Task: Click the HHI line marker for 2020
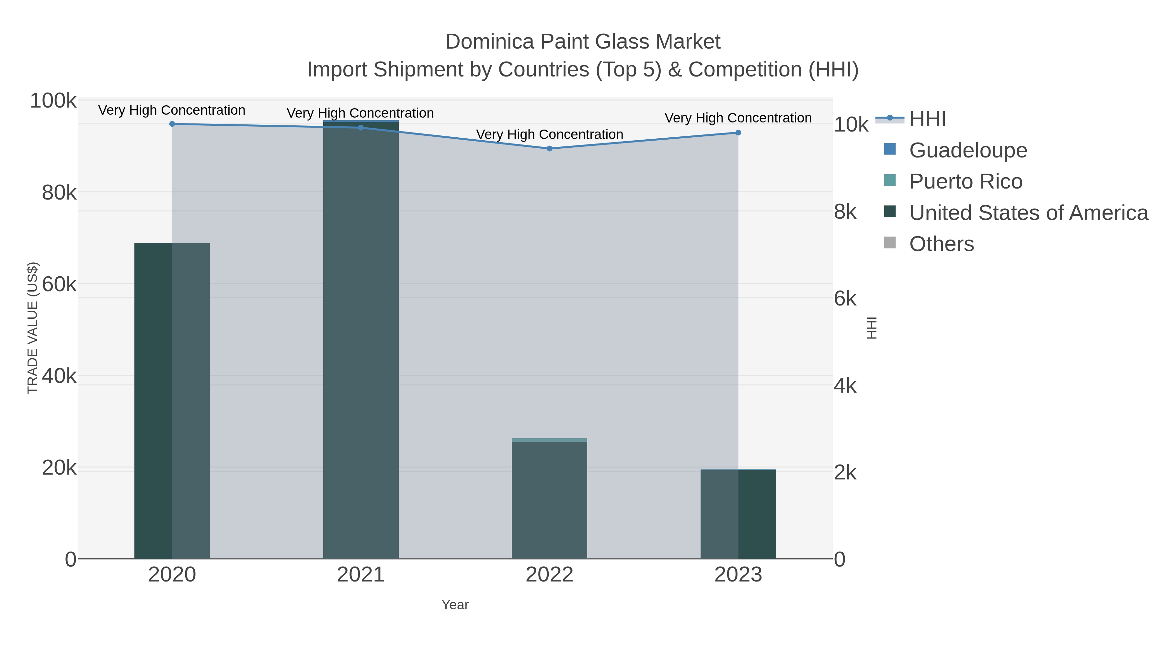172,124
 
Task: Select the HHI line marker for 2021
361,128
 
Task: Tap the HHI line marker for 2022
550,148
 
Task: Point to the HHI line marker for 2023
738,132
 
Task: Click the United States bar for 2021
361,340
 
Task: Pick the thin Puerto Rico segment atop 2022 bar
550,440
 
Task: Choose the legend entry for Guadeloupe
968,150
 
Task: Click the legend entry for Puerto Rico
966,181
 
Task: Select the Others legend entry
942,244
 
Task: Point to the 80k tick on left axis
59,193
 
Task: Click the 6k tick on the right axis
845,299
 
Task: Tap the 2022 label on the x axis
550,575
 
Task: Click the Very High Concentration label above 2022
550,134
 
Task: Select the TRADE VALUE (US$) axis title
33,328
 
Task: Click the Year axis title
455,605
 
